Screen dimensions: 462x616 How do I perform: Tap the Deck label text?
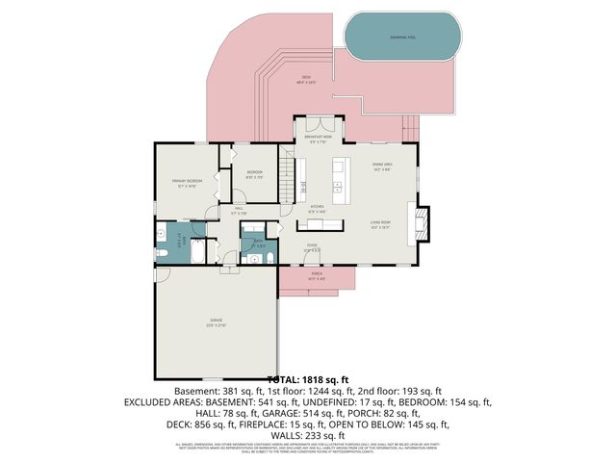(305, 79)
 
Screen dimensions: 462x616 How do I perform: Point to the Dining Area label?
(381, 167)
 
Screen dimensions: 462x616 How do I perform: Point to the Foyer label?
(312, 246)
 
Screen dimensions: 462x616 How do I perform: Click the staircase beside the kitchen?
(287, 178)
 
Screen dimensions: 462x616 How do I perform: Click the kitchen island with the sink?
(339, 177)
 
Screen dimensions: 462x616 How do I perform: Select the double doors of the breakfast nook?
(318, 122)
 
